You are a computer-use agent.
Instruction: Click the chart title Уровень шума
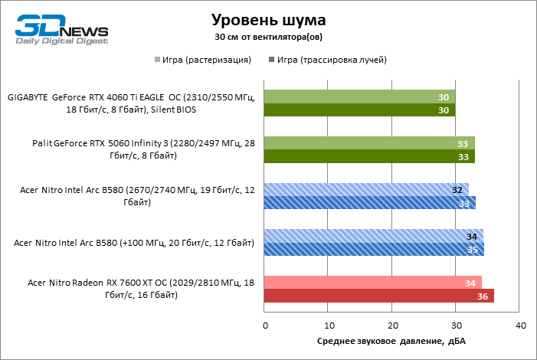(267, 18)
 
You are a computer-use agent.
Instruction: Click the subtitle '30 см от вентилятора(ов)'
(267, 36)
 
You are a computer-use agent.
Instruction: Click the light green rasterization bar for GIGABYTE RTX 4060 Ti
(360, 97)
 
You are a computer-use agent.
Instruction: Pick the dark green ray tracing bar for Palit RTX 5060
(369, 157)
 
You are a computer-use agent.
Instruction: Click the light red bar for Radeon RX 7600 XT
(373, 283)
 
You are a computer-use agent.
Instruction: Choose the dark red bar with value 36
(379, 296)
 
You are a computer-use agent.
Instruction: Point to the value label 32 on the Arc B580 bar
(458, 189)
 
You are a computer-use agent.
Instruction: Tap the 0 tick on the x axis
(265, 326)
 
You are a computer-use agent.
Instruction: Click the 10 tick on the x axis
(329, 326)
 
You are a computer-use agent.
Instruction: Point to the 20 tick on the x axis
(392, 326)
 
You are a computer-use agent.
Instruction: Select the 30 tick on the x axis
(457, 326)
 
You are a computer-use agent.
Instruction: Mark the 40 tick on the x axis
(520, 326)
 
